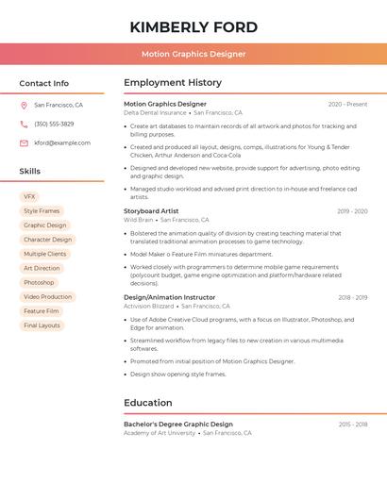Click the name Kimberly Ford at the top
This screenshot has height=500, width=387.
click(193, 25)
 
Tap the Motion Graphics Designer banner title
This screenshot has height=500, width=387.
click(193, 54)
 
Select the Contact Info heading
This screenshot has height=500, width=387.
click(43, 83)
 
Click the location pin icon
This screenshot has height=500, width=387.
click(24, 106)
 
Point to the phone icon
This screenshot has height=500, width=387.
click(24, 125)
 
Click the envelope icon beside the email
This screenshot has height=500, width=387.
click(24, 143)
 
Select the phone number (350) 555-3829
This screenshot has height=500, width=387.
click(54, 125)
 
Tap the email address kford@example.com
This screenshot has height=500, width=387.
click(62, 143)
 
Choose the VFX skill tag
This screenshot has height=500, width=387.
click(30, 196)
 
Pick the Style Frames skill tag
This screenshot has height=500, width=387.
click(42, 211)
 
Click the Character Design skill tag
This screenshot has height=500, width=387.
click(47, 240)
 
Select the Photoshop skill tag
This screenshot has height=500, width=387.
click(39, 283)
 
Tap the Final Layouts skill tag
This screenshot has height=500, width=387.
click(42, 325)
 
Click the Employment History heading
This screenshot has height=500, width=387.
click(173, 83)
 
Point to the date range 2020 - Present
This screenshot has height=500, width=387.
click(347, 104)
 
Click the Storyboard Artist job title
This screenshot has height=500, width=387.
click(151, 211)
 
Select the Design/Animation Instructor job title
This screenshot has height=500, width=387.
click(169, 297)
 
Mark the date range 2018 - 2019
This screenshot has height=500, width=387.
click(352, 297)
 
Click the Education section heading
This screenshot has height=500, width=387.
click(147, 403)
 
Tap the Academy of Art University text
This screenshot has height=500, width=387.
click(160, 433)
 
